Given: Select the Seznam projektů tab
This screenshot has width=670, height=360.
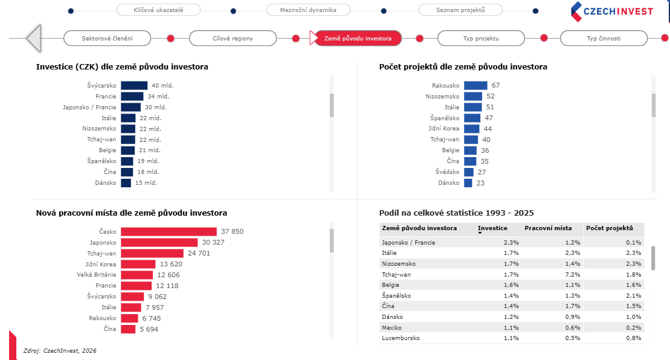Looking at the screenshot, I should point(460,10).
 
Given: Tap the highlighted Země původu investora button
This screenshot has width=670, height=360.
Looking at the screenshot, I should point(358,38).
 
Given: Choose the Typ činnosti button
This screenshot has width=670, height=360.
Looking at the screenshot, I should point(603,38).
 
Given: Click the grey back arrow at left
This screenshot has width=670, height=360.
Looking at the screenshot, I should point(34,38).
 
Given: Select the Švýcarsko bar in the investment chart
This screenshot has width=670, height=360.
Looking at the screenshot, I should point(134,86).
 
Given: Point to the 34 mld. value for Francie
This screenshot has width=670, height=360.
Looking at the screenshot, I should point(158,97).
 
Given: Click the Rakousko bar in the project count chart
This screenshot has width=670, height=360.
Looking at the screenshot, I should point(475,86).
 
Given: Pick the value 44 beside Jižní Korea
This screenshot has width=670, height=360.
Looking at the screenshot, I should point(488,129).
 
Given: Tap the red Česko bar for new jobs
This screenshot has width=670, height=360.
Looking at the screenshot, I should point(169,231).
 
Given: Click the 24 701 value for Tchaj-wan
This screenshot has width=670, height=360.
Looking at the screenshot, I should point(199,253).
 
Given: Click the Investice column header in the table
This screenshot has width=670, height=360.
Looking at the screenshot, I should point(492,228).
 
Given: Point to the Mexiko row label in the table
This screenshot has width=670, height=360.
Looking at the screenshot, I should point(393,327).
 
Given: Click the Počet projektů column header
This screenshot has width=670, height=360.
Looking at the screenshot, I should point(609,228).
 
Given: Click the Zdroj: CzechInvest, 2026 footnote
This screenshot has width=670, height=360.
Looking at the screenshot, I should point(60,350).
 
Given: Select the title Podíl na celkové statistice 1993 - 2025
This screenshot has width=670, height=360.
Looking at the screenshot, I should point(456,213).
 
